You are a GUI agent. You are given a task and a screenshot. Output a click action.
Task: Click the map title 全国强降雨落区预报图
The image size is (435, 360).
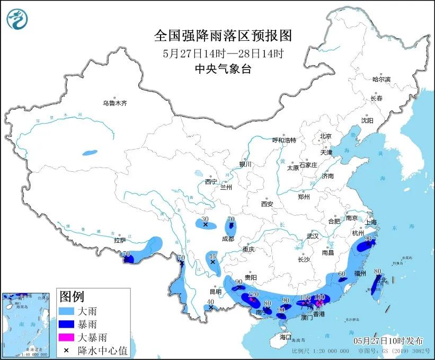[223, 36]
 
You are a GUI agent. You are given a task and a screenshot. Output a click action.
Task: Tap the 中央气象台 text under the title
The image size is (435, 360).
[223, 68]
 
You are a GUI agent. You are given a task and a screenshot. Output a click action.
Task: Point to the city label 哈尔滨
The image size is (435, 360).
[381, 80]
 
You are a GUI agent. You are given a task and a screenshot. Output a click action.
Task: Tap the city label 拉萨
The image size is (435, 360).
[120, 240]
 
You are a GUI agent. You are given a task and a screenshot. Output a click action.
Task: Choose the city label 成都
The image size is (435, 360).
[228, 239]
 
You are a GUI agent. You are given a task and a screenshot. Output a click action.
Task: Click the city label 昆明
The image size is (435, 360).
[215, 292]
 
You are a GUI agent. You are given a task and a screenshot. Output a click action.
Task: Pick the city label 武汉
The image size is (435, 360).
[313, 236]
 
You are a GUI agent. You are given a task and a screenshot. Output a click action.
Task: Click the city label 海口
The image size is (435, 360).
[286, 337]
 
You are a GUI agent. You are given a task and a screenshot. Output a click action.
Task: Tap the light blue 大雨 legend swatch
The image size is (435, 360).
[68, 311]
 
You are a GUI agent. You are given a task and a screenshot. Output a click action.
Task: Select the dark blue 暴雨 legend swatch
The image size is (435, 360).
[68, 324]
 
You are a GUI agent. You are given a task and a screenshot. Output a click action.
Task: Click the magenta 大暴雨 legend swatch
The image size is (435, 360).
[68, 337]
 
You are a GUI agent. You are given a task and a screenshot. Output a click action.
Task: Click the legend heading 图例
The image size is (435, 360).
[72, 296]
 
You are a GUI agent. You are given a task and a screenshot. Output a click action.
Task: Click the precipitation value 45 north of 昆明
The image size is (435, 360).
[212, 255]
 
